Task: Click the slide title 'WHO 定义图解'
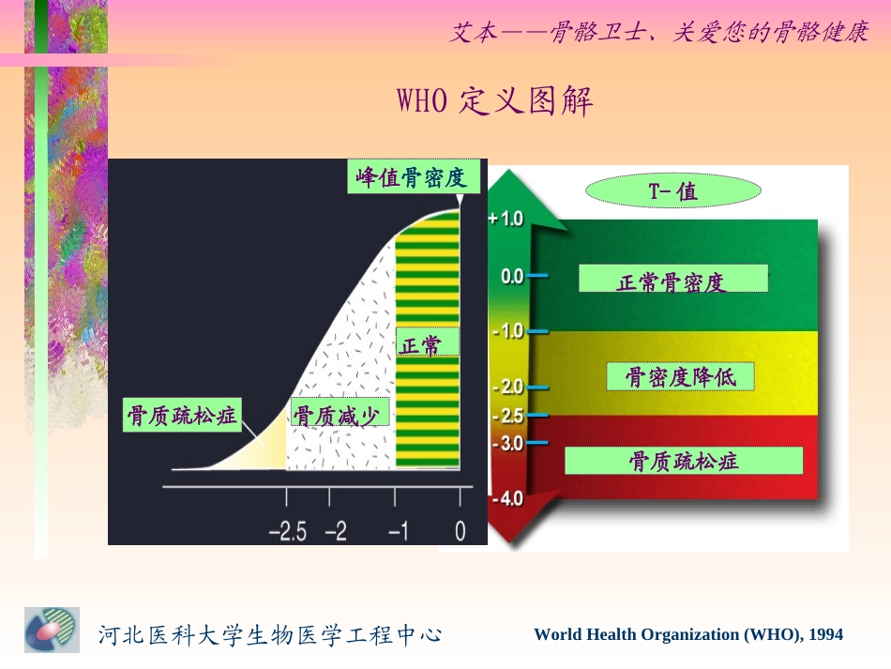(x=496, y=101)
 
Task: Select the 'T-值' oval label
(x=672, y=192)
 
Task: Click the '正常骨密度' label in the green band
(x=672, y=280)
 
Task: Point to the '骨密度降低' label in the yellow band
(x=680, y=377)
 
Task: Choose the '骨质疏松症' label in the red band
(x=684, y=461)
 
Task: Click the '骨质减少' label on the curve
(x=340, y=415)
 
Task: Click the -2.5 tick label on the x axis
(x=288, y=532)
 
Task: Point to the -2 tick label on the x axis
(x=336, y=532)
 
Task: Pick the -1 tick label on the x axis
(x=399, y=532)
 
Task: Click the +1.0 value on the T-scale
(x=506, y=219)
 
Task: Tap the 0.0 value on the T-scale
(x=511, y=277)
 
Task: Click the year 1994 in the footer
(x=825, y=635)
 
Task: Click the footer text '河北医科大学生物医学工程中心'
(x=270, y=635)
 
